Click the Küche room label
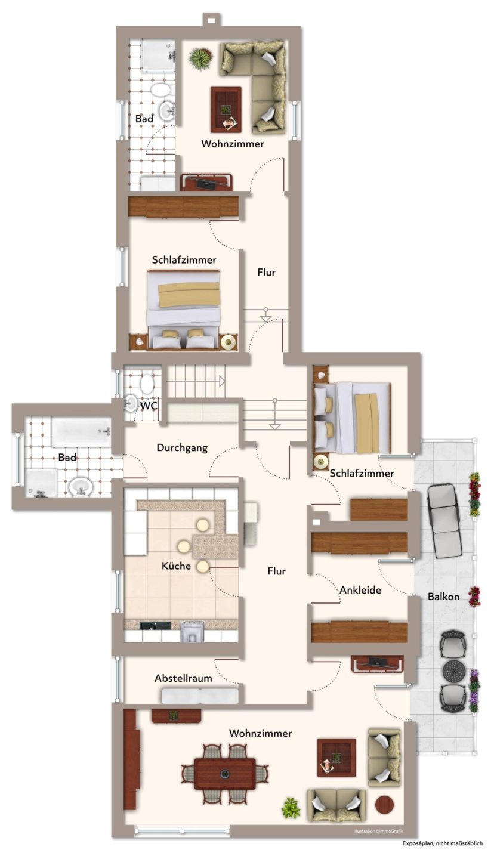coord(176,566)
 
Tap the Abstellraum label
coord(183,678)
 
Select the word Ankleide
coord(360,590)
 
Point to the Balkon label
coord(443,597)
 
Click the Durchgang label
coord(182,448)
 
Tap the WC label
coord(149,406)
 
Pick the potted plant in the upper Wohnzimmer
coord(200,58)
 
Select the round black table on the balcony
coord(453,670)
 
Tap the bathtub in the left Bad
coord(81,432)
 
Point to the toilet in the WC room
coord(147,384)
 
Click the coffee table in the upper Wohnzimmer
coord(226,110)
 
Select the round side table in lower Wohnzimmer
coord(384,805)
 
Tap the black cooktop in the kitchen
coord(155,626)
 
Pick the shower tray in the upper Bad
coord(159,55)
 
